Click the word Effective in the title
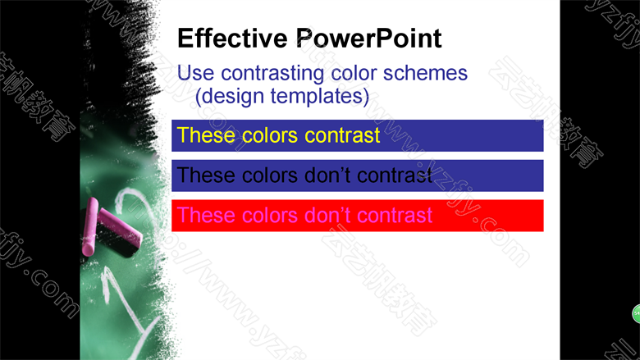(233, 39)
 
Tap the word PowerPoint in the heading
(368, 39)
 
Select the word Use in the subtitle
(195, 73)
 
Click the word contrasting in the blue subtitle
(273, 74)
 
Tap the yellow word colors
(270, 135)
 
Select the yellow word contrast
(342, 135)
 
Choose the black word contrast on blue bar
(395, 175)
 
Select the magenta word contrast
(395, 215)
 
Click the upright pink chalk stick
(89, 226)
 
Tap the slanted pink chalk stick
(121, 227)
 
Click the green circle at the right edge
(637, 313)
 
